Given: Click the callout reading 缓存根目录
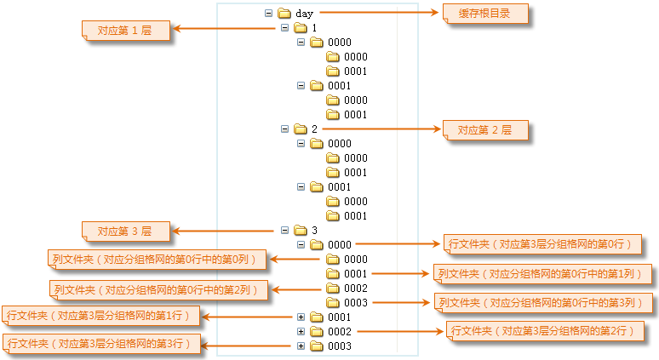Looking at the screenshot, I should [485, 14].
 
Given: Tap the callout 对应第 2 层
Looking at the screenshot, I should [484, 130].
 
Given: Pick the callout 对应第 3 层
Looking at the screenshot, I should [124, 231].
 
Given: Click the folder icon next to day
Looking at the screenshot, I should [284, 14].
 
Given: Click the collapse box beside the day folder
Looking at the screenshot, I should [269, 14].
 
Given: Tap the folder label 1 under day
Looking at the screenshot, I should [314, 28].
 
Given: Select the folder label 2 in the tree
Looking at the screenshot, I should [314, 129].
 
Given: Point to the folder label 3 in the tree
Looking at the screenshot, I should [314, 231].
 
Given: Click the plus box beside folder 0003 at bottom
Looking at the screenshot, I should [301, 346].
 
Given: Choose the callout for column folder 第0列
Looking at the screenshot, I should [158, 259].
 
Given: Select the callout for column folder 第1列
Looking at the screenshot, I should [542, 273].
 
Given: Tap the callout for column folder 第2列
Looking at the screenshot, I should [158, 289].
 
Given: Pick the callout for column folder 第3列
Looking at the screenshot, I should [542, 302].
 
